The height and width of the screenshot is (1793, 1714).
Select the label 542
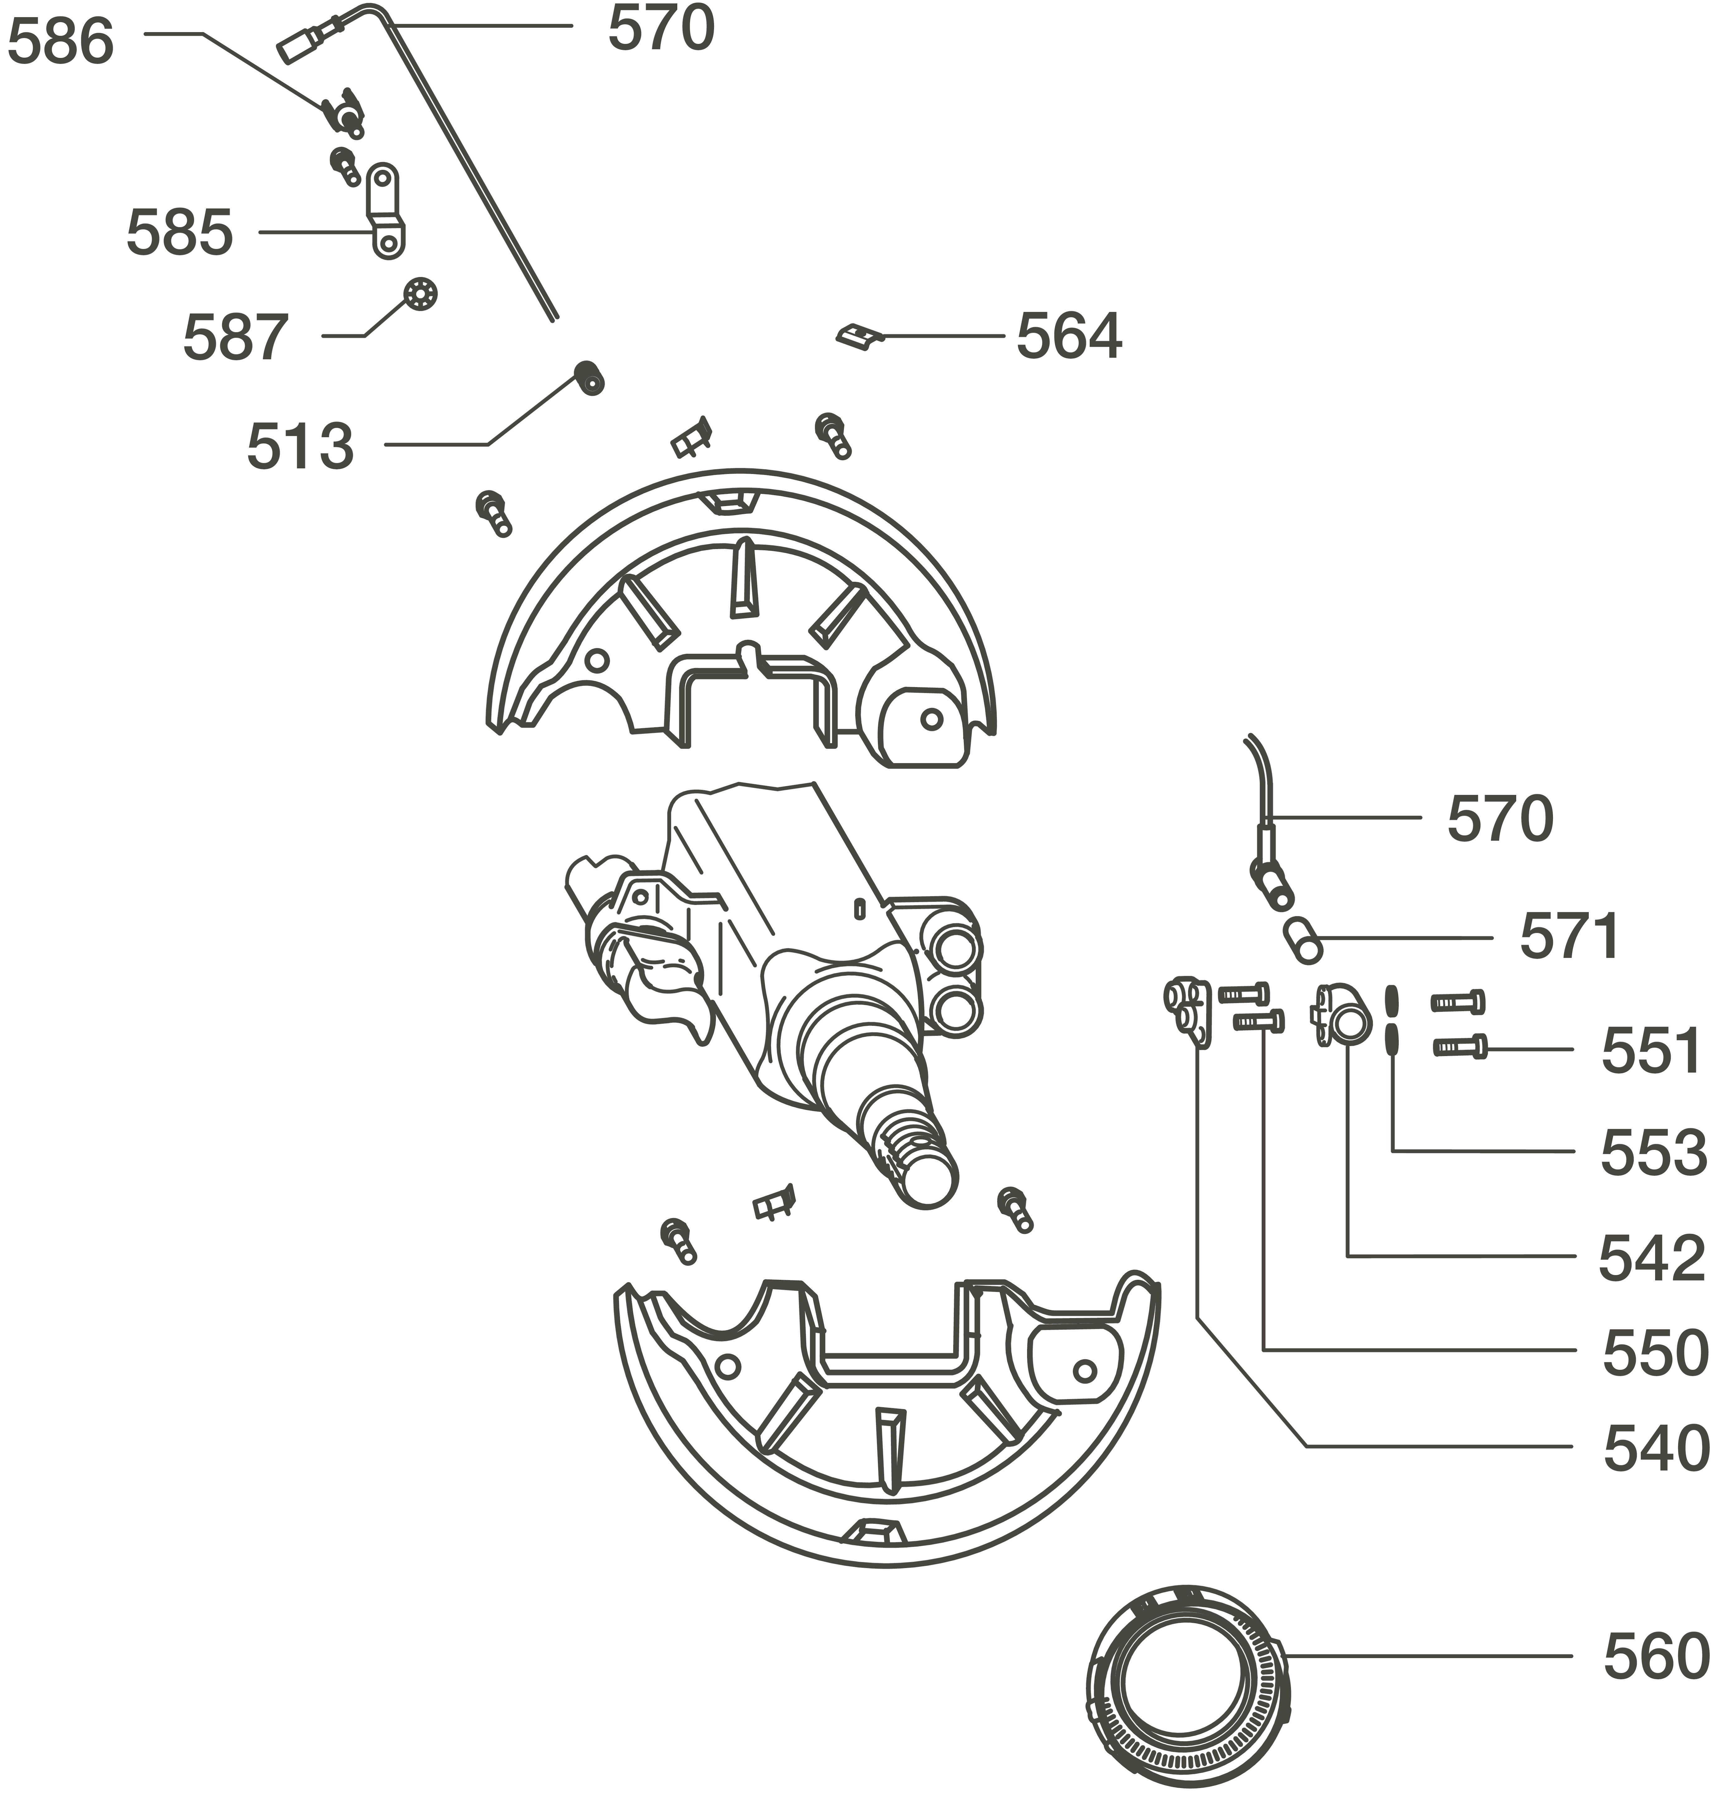click(1651, 1257)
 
